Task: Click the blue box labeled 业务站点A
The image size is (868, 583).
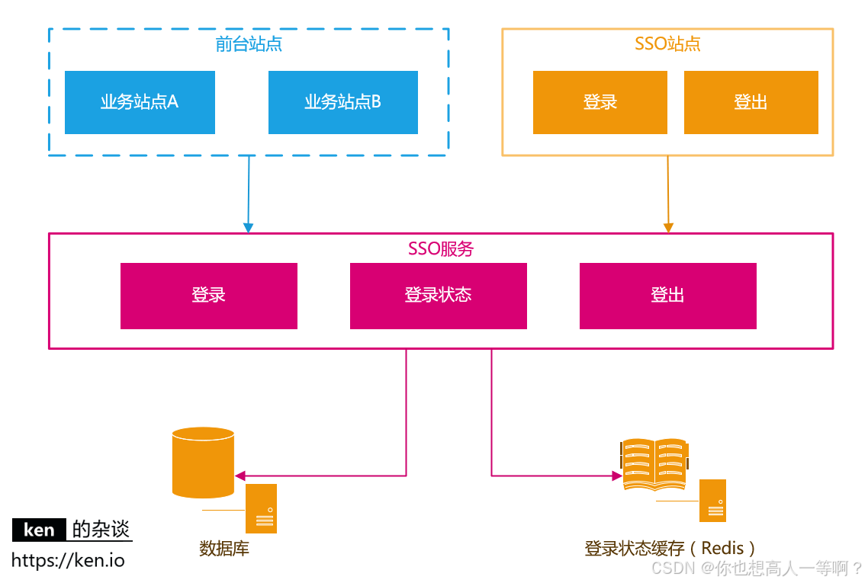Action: pos(140,102)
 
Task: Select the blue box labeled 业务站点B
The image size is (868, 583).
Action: pos(342,102)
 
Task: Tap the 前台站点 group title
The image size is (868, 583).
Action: pos(249,44)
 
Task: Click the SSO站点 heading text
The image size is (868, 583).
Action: pos(667,43)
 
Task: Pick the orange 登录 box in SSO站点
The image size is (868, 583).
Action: pos(600,102)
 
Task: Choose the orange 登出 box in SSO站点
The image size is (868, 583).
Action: pos(751,102)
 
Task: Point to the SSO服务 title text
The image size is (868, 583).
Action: pos(441,248)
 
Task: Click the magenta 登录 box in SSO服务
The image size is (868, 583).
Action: pos(208,296)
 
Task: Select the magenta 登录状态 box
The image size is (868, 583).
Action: pos(438,296)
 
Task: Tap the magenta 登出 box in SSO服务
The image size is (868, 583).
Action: pos(667,296)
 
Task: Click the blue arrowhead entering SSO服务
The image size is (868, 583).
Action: pos(248,227)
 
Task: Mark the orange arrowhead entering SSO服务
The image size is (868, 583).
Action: pos(668,227)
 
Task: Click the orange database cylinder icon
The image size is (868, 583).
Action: pos(203,462)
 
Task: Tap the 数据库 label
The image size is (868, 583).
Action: pos(224,549)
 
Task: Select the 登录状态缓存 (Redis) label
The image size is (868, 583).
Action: pos(671,549)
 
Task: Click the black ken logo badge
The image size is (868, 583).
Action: pos(39,530)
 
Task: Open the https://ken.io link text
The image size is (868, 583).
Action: pos(68,561)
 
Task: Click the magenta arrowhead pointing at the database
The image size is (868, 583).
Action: pos(240,476)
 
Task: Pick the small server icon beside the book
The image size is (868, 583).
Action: pos(712,501)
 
